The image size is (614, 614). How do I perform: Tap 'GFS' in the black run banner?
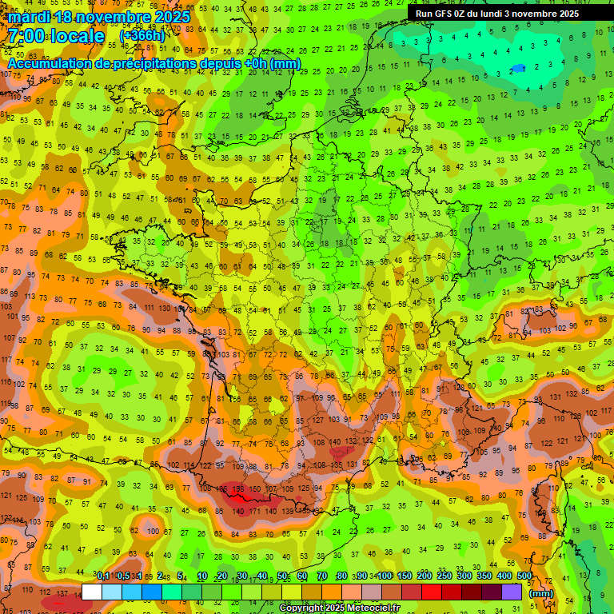[445, 14]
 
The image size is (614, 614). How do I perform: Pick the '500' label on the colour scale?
[524, 576]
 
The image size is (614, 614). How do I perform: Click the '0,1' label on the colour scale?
[102, 576]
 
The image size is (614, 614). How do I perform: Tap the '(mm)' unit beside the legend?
[541, 593]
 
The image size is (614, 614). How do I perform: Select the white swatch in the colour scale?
[92, 592]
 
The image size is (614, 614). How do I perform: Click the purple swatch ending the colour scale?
[512, 592]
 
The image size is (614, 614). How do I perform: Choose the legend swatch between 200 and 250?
[433, 592]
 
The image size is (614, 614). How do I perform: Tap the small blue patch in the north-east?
[520, 68]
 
